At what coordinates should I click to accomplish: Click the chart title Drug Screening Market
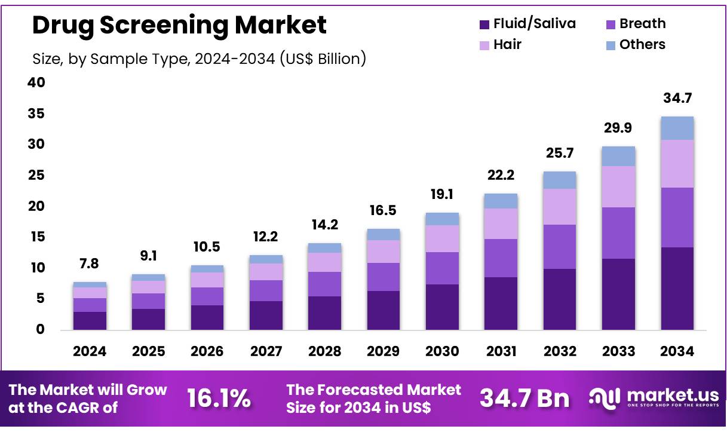coord(179,25)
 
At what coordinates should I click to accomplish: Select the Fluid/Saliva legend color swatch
coord(484,24)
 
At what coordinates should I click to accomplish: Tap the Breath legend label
coord(642,24)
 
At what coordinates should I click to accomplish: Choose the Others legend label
coord(642,45)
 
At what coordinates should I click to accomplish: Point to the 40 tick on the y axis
coord(36,82)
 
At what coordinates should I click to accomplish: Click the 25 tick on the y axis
coord(36,175)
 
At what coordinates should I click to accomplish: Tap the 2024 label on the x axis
coord(90,351)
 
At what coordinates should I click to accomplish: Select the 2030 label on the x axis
coord(442,351)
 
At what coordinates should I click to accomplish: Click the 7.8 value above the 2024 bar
coord(90,264)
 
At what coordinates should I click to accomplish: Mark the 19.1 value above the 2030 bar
coord(442,194)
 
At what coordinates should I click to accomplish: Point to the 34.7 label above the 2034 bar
coord(677,98)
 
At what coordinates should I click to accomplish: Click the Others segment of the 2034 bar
coord(677,128)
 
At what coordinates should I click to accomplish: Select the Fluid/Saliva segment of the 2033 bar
coord(618,294)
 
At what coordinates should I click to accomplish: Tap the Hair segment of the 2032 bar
coord(560,207)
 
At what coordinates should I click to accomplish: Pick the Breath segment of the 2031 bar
coord(501,258)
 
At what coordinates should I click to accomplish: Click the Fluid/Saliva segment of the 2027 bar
coord(266,315)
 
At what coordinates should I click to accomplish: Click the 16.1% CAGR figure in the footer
coord(219,399)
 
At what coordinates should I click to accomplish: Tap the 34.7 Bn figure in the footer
coord(524,399)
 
